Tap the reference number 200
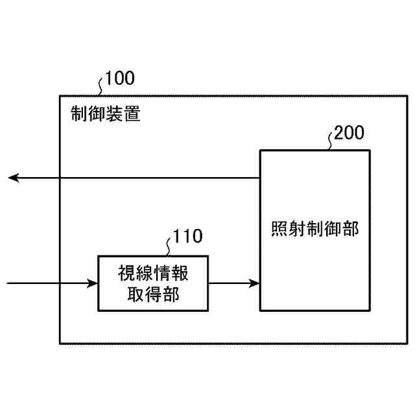(350, 133)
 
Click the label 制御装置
(104, 115)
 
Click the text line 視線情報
(153, 273)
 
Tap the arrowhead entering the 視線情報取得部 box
(91, 283)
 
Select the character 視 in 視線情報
(126, 273)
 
